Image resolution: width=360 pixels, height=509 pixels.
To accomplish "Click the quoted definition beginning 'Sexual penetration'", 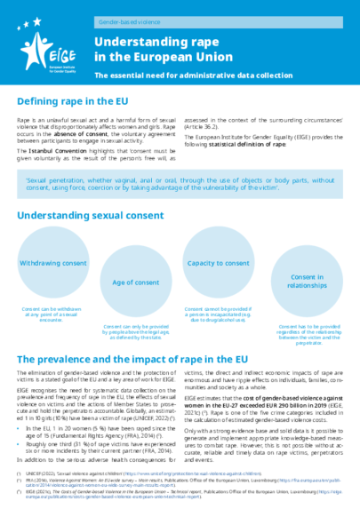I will [180, 181].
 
